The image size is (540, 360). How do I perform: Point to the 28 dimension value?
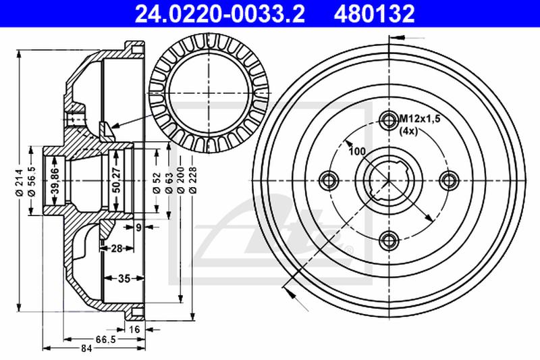[116, 249]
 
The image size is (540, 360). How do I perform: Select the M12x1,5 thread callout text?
[419, 119]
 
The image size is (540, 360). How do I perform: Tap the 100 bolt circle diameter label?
[357, 151]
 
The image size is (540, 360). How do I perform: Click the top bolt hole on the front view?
[388, 120]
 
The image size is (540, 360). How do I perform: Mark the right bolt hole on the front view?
[447, 179]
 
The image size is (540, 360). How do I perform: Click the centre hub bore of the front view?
[388, 179]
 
